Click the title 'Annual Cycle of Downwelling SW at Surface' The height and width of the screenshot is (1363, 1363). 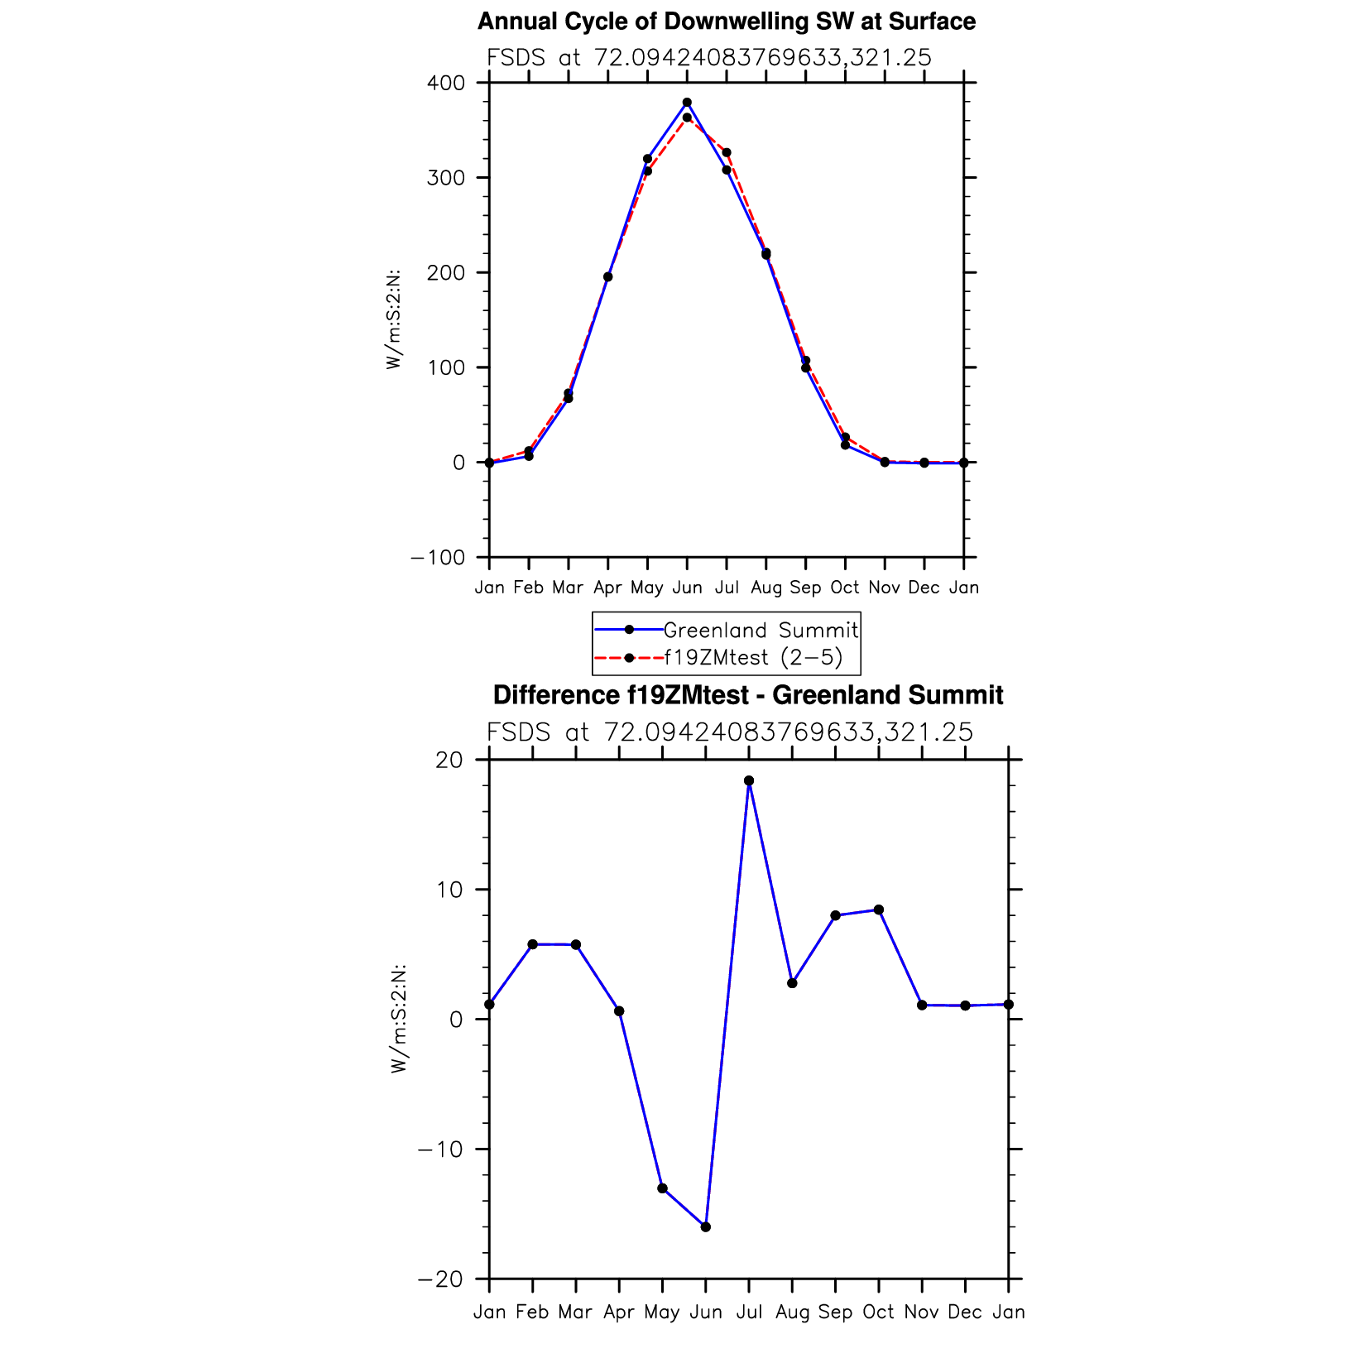point(726,22)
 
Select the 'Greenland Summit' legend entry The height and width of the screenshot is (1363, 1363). point(761,631)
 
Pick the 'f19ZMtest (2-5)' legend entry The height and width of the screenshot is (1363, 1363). point(752,658)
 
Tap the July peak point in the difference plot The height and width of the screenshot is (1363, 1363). point(749,780)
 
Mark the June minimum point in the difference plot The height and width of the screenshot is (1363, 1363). point(706,1226)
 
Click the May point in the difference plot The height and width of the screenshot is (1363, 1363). point(662,1188)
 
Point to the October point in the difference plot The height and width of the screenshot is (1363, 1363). point(879,909)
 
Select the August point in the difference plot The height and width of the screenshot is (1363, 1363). point(792,983)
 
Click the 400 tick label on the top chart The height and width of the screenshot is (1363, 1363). point(447,83)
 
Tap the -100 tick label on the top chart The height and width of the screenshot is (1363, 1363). point(438,558)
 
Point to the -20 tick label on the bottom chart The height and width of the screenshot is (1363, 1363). point(441,1279)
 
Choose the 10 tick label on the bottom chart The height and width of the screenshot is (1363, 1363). point(450,890)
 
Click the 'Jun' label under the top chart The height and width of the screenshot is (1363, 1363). point(687,588)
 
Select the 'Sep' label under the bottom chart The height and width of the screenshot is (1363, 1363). point(835,1312)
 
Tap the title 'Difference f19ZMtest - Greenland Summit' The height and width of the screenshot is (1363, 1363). point(747,695)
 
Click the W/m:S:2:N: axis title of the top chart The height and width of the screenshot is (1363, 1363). point(394,319)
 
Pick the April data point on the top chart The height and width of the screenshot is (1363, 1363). point(607,276)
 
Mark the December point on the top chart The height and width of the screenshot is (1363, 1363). point(924,463)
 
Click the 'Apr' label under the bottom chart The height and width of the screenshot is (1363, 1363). point(619,1312)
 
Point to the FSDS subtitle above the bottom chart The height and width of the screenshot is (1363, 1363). point(729,732)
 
